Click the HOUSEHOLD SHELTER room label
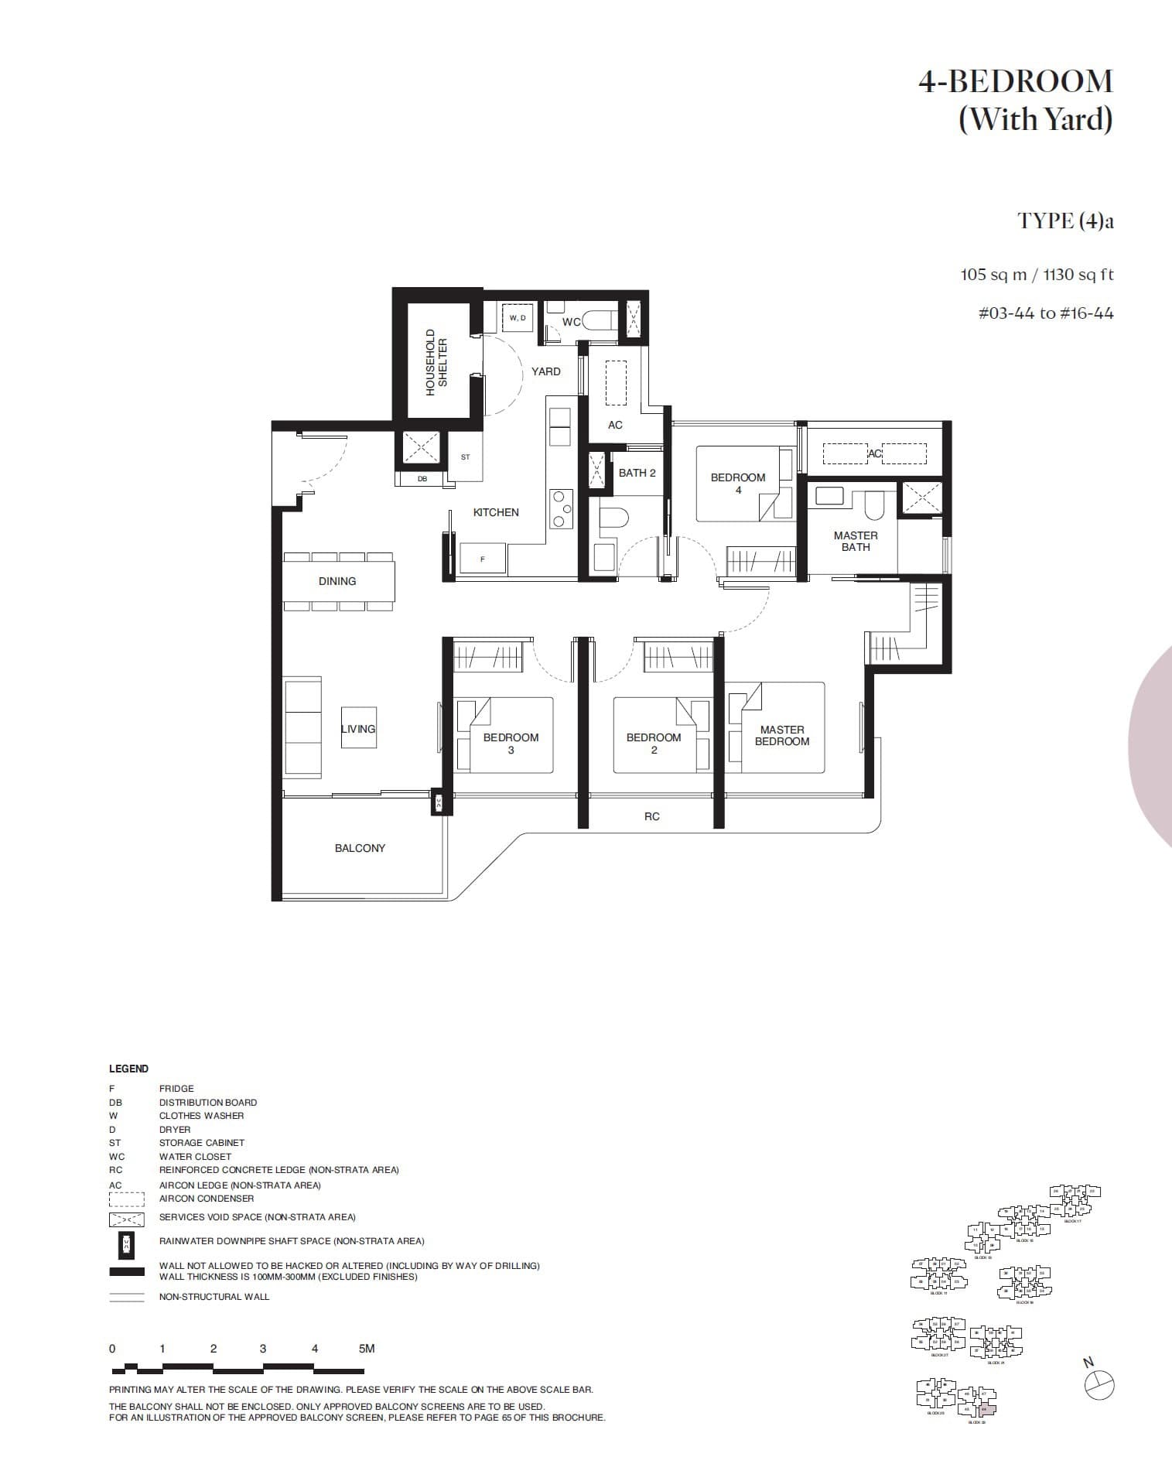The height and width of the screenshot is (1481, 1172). pyautogui.click(x=437, y=362)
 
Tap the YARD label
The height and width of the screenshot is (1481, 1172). pyautogui.click(x=545, y=371)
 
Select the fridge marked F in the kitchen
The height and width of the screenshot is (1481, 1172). pyautogui.click(x=483, y=558)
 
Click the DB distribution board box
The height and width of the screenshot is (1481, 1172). pyautogui.click(x=422, y=479)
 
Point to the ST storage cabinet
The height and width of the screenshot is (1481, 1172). pyautogui.click(x=465, y=457)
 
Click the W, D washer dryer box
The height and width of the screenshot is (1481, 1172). pyautogui.click(x=518, y=318)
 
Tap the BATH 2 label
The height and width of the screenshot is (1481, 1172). pyautogui.click(x=637, y=473)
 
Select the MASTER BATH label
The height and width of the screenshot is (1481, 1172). pyautogui.click(x=855, y=541)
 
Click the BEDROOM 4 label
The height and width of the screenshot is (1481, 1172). pyautogui.click(x=738, y=483)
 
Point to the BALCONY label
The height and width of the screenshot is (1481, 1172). pyautogui.click(x=360, y=848)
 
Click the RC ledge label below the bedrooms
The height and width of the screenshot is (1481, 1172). pyautogui.click(x=651, y=816)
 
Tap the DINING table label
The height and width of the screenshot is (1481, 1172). pyautogui.click(x=337, y=581)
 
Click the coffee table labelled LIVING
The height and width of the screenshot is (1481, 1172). pyautogui.click(x=358, y=728)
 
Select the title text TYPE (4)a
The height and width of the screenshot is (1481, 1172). pyautogui.click(x=1065, y=221)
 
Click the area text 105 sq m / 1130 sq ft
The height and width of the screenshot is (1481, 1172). pyautogui.click(x=1037, y=275)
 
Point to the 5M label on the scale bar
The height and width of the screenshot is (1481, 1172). pyautogui.click(x=367, y=1348)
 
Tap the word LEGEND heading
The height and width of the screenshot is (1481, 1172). pyautogui.click(x=128, y=1069)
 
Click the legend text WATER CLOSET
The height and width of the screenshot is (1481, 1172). pyautogui.click(x=195, y=1156)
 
